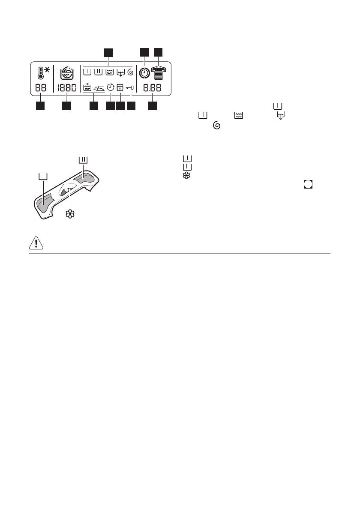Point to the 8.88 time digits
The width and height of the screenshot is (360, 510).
153,89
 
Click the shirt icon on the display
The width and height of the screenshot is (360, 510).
159,72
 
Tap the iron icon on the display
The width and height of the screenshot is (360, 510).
99,88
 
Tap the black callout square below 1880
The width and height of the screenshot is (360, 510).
66,105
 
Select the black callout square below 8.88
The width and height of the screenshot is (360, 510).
153,105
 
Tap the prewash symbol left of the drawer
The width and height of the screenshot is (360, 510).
42,177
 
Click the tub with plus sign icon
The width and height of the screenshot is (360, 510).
87,88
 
